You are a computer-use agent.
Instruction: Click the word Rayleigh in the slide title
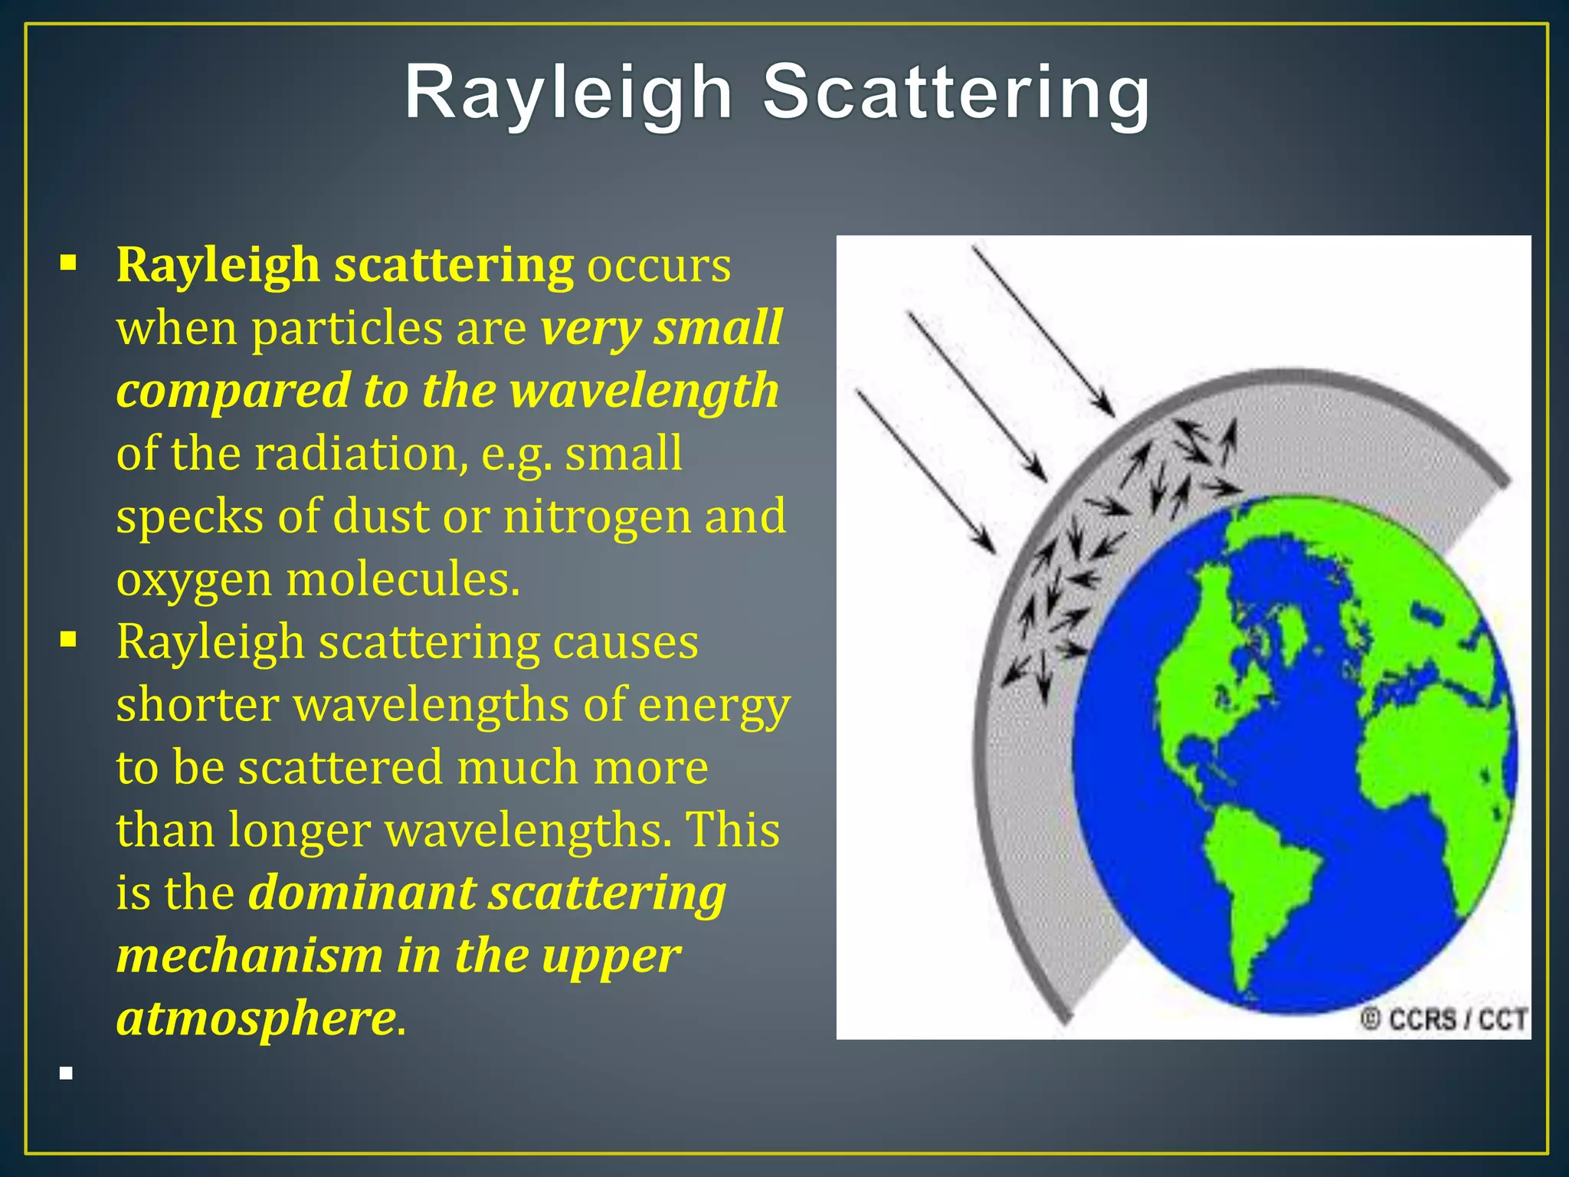click(568, 93)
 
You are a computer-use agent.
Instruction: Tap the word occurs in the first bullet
click(659, 265)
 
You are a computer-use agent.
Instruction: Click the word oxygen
click(194, 581)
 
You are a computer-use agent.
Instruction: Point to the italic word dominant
click(362, 893)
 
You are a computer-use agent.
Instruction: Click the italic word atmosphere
click(256, 1019)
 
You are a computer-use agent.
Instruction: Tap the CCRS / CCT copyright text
click(1444, 1019)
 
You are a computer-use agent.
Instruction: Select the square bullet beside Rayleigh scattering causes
click(68, 641)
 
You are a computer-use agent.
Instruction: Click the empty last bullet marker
click(67, 1074)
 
